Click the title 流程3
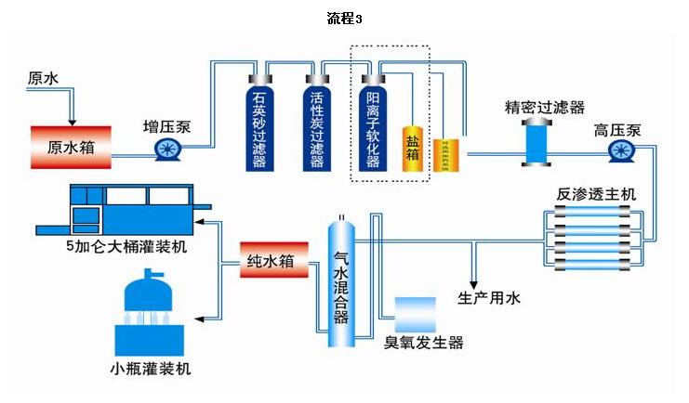pos(345,19)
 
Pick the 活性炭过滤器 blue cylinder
pos(316,125)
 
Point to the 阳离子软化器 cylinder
pos(372,125)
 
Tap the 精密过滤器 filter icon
pos(537,140)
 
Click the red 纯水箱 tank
pos(274,260)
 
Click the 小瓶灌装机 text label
pos(150,370)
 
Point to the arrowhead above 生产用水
pos(474,281)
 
